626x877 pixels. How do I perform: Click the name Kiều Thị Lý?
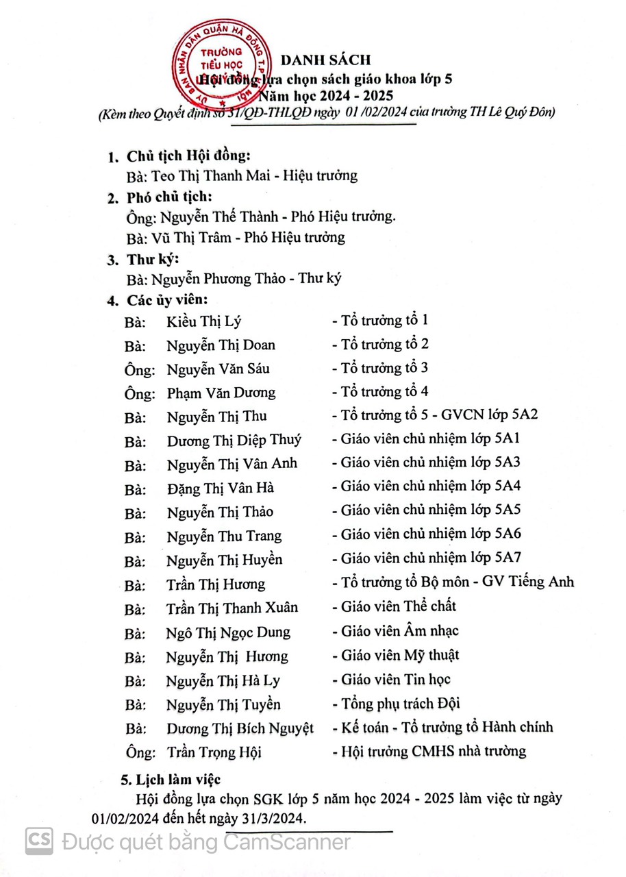[204, 321]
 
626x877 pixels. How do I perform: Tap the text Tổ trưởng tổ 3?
[385, 368]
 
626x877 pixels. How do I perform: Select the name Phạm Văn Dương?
[221, 393]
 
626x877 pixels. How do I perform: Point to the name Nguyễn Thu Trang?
[224, 536]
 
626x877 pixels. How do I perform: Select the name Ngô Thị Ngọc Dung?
[228, 632]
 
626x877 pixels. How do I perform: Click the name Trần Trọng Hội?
[214, 752]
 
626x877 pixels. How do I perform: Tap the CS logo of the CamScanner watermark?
[39, 841]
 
